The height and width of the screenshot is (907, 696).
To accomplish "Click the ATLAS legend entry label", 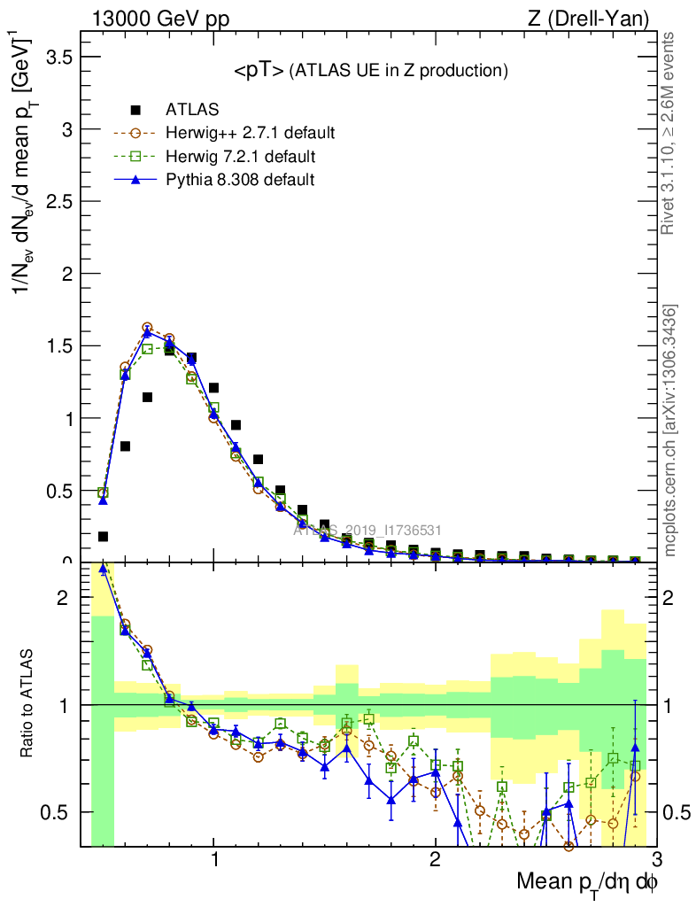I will [192, 110].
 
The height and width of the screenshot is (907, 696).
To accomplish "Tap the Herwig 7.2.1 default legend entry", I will [240, 157].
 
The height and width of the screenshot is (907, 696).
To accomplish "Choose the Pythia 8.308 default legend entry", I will [240, 180].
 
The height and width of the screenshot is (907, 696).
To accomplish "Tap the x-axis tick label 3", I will [656, 860].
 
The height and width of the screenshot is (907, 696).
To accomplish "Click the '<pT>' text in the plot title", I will [259, 72].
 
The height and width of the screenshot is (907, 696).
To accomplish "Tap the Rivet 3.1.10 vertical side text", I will [669, 133].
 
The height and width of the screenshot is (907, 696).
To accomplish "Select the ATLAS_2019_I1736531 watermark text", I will [367, 530].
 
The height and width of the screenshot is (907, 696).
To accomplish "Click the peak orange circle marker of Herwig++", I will [147, 328].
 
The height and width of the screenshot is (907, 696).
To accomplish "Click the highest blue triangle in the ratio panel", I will [104, 570].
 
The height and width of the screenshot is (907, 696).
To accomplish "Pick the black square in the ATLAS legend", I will [135, 110].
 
